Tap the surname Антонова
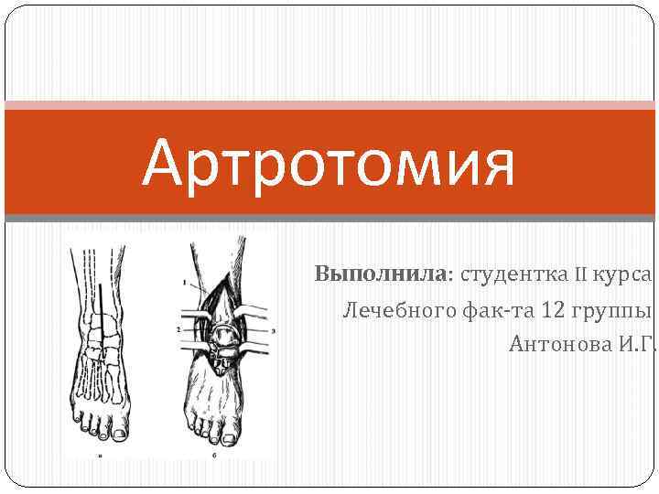(558, 344)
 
